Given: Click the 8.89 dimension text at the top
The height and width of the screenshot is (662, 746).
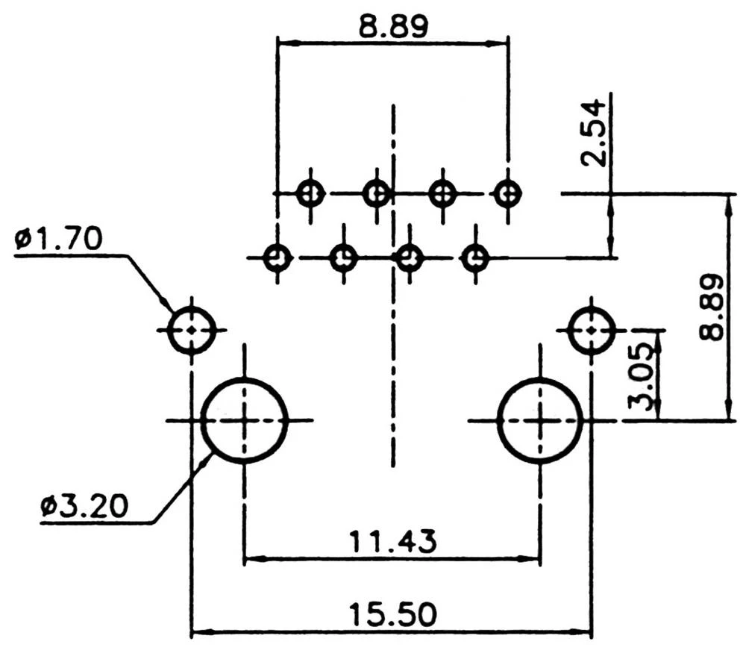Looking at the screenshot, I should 392,28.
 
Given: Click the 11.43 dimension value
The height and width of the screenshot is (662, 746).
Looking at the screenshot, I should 393,540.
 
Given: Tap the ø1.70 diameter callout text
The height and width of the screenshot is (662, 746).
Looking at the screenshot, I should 57,240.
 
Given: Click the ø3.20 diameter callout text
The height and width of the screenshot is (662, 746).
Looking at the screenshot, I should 84,507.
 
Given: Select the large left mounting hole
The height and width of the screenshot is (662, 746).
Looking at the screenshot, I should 245,420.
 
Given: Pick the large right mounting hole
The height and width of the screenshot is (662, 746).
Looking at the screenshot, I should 539,420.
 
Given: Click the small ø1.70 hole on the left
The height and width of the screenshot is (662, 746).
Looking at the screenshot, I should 192,329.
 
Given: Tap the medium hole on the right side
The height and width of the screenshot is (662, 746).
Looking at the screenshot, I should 592,329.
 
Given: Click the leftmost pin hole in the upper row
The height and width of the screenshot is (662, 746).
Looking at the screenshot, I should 310,194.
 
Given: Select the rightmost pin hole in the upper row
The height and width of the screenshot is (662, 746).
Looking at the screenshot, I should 508,194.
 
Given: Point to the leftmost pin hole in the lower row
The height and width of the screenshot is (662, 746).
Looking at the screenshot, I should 278,259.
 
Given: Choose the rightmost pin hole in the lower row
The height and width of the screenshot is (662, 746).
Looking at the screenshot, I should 475,259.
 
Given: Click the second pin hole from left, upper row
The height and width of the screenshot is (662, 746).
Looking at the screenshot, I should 377,194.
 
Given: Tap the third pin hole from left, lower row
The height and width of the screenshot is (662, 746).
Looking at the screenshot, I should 410,259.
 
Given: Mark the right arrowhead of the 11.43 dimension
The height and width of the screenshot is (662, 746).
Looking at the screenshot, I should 534,557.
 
